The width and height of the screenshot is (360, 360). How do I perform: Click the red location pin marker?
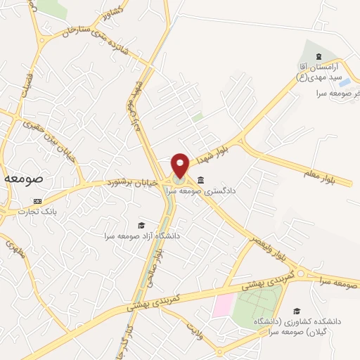click(180, 165)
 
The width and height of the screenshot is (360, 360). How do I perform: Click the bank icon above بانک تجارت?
click(37, 201)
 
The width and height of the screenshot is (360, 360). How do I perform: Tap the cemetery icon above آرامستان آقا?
click(318, 56)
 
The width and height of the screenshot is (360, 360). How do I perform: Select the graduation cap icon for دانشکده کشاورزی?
click(297, 310)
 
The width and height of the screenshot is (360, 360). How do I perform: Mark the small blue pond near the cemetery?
click(345, 82)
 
